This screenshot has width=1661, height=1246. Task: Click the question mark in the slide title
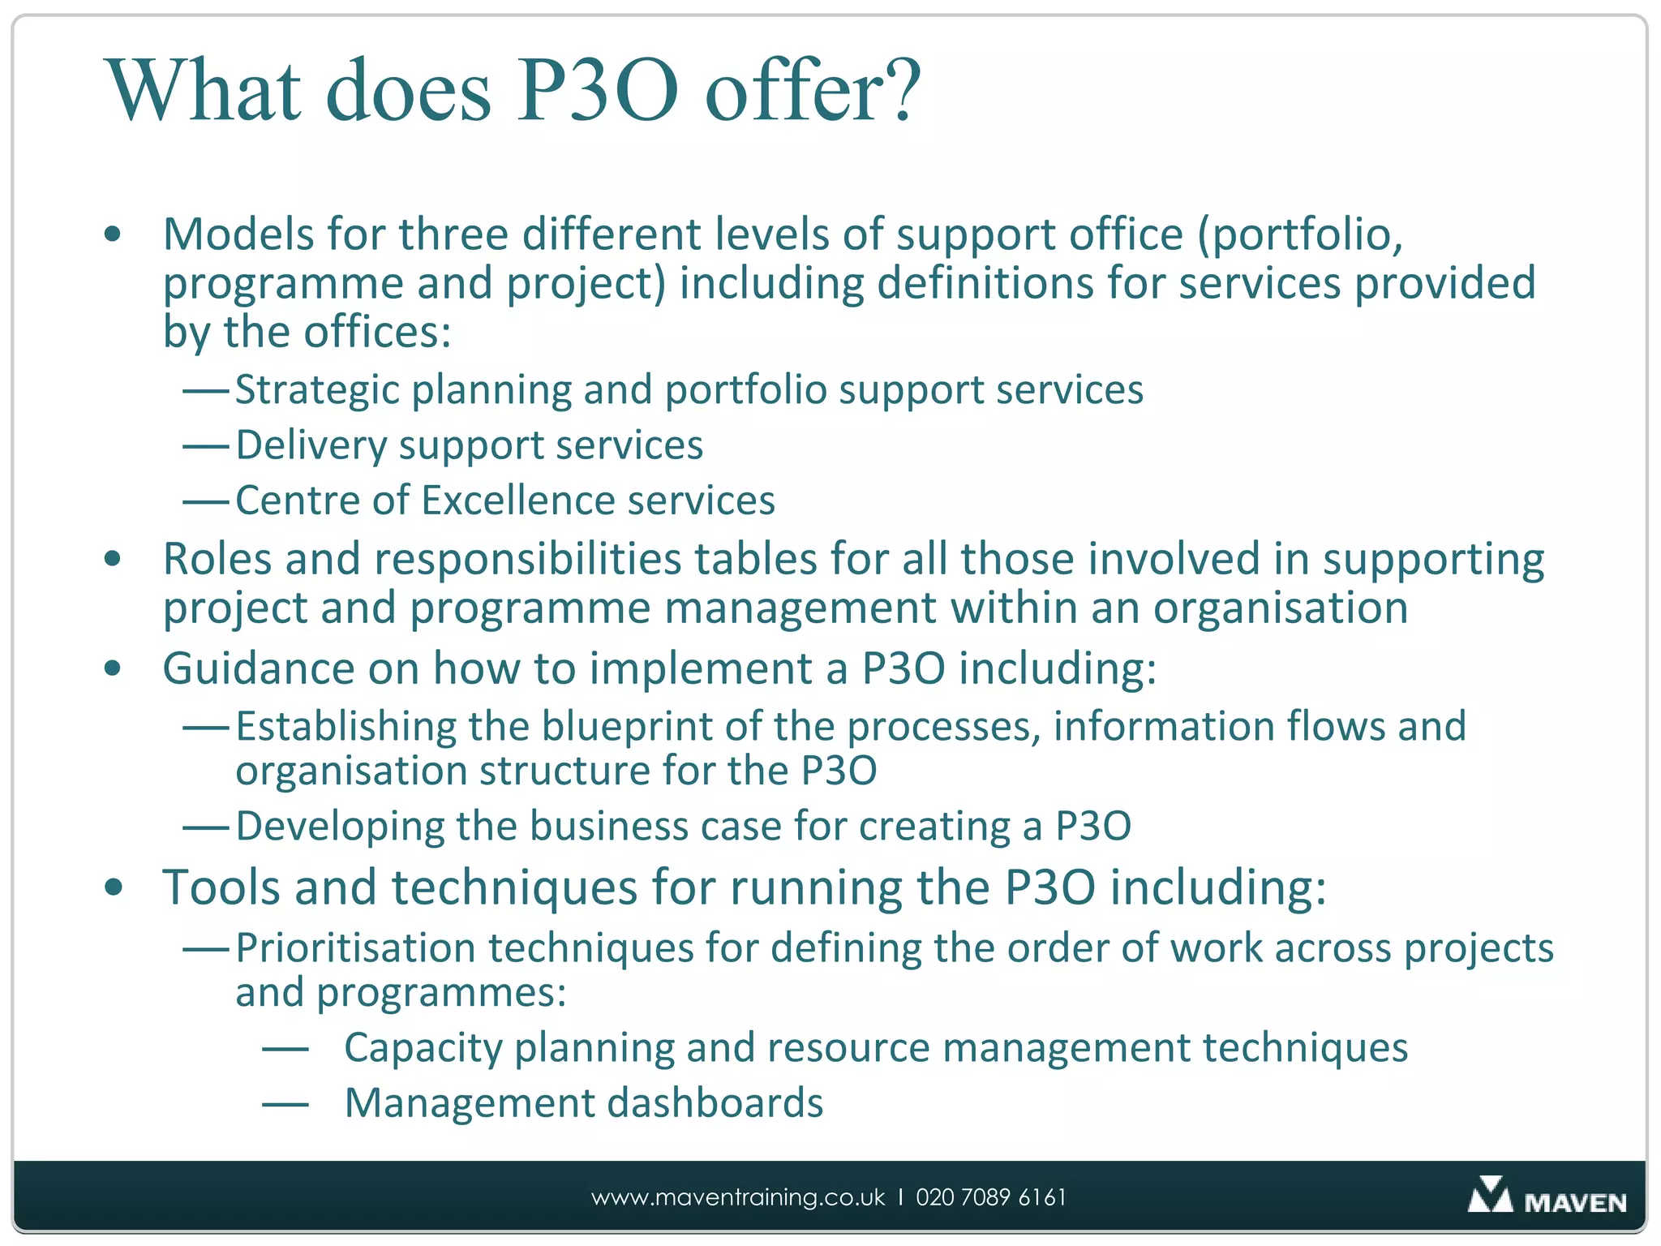(x=899, y=91)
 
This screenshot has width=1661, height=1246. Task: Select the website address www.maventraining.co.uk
(x=738, y=1197)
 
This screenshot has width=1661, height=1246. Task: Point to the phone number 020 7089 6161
(x=991, y=1197)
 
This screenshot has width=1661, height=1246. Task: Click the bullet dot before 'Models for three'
(x=114, y=235)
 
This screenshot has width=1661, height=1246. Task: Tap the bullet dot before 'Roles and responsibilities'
(x=114, y=559)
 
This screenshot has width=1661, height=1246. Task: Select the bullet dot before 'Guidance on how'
(x=114, y=668)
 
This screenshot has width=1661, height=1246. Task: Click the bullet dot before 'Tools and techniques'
(x=114, y=887)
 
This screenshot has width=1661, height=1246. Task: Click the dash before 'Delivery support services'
(x=206, y=446)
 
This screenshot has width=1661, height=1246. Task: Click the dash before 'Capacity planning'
(x=285, y=1050)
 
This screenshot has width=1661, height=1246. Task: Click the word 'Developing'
(x=340, y=827)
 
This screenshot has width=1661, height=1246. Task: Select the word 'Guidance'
(x=258, y=668)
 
